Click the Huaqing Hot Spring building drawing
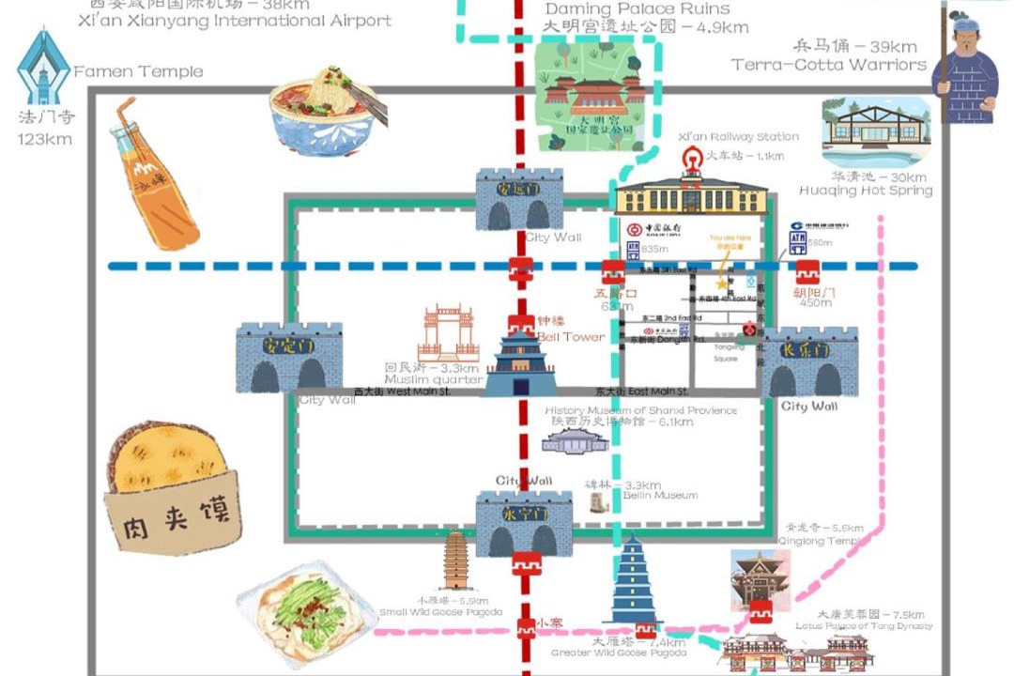[x=875, y=131]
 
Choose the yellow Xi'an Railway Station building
[x=690, y=192]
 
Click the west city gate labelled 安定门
[x=288, y=358]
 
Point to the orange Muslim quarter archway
[x=448, y=333]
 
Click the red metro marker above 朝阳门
[x=807, y=272]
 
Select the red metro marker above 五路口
[x=613, y=272]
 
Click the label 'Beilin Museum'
[x=662, y=496]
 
